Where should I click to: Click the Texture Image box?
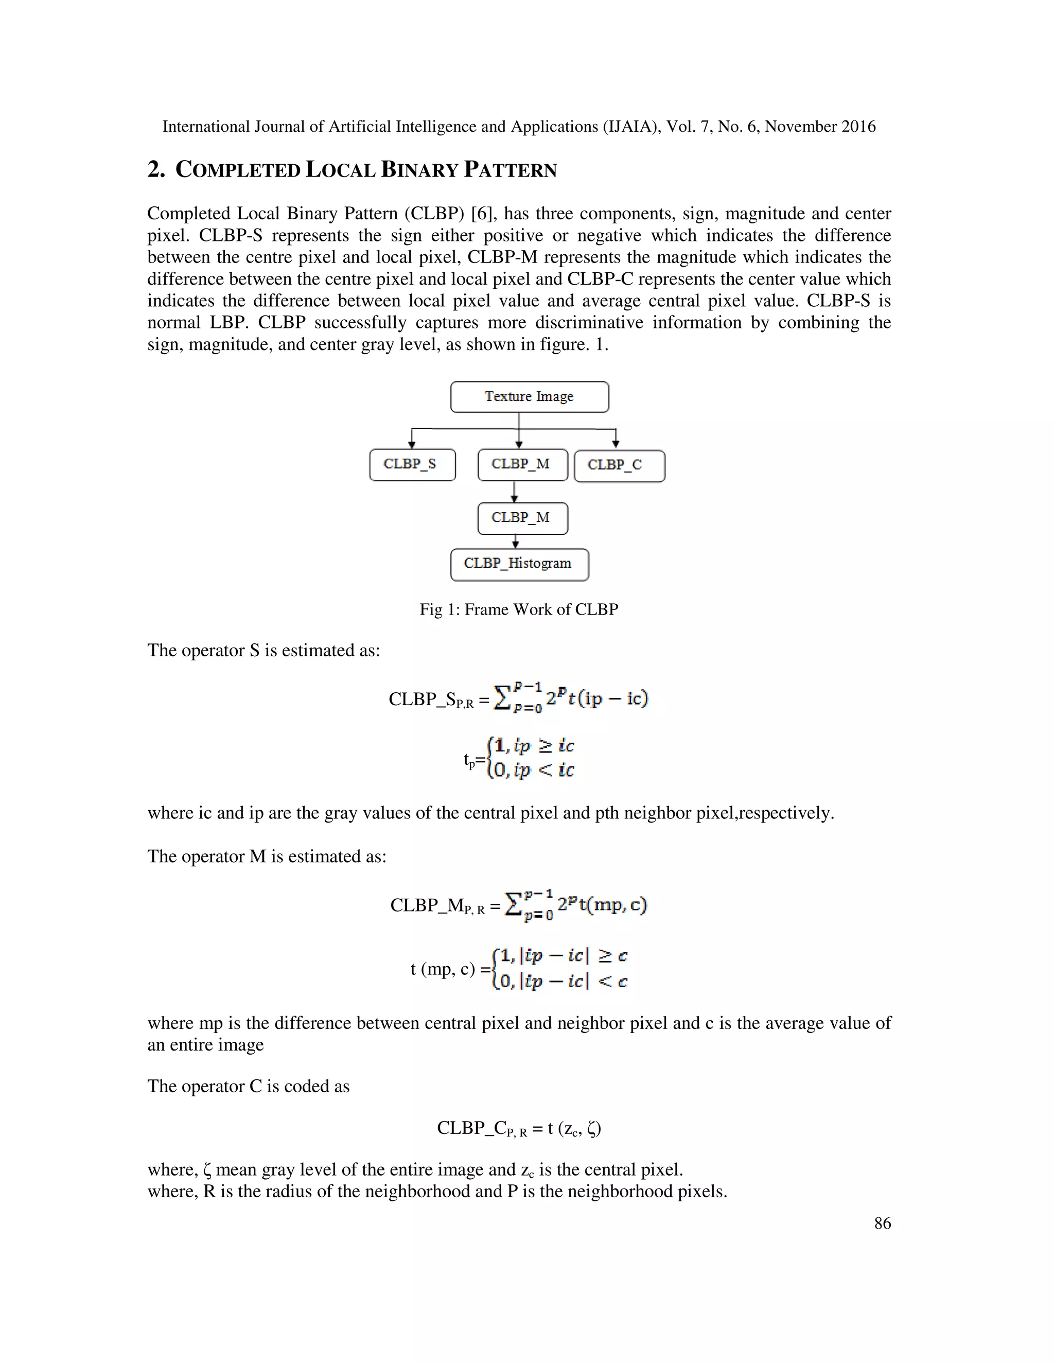pos(529,396)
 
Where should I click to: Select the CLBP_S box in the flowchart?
pos(412,465)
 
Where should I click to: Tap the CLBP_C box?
pos(619,465)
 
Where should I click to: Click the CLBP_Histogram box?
pos(519,564)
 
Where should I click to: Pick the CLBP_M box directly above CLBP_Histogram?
pos(523,518)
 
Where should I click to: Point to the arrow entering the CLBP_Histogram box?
pos(516,541)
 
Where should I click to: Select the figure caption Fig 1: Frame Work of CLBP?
pos(518,609)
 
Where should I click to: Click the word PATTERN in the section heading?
pos(510,170)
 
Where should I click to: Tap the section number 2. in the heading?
pos(156,170)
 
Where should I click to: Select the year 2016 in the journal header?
pos(858,127)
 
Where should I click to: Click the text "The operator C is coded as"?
pos(248,1086)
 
